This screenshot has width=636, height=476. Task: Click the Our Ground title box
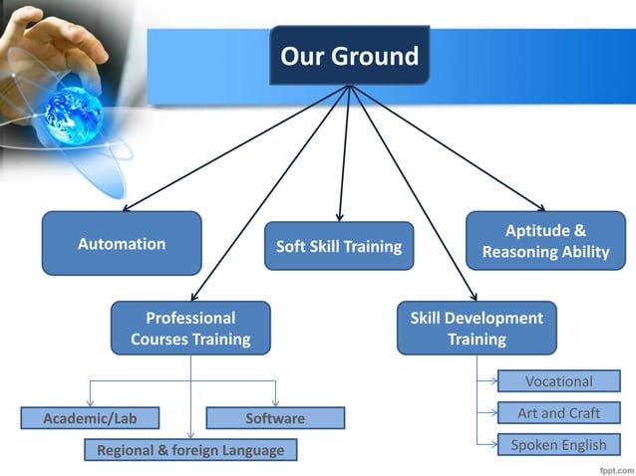349,56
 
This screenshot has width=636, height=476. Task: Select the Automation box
122,243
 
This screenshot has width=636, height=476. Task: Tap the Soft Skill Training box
338,246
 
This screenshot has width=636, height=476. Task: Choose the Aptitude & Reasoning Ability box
545,241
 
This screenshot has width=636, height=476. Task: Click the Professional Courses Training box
190,329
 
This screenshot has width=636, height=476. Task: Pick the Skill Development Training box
477,329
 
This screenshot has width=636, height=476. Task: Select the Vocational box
558,381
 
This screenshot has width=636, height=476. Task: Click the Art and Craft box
558,413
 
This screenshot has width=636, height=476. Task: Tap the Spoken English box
558,445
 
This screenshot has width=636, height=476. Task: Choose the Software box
275,418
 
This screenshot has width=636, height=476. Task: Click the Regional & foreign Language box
189,450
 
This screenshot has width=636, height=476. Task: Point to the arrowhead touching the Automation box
127,208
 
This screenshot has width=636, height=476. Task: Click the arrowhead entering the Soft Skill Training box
340,216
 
